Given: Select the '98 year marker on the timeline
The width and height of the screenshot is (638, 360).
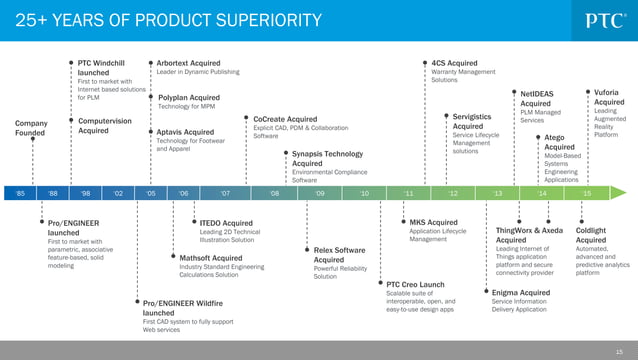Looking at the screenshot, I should pyautogui.click(x=86, y=193).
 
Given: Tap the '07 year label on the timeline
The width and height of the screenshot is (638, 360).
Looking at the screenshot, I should pyautogui.click(x=225, y=193).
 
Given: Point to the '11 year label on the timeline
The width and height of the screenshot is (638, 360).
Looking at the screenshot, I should pyautogui.click(x=408, y=193).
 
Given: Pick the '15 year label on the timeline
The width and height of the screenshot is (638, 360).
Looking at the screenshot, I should pyautogui.click(x=586, y=193).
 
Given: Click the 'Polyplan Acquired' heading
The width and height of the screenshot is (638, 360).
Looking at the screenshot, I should pyautogui.click(x=189, y=97).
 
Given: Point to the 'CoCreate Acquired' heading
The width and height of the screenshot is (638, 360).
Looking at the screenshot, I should pyautogui.click(x=285, y=119).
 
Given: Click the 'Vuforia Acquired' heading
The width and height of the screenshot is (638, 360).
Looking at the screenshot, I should pyautogui.click(x=608, y=96).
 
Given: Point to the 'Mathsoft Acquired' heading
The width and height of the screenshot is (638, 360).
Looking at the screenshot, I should pyautogui.click(x=210, y=258).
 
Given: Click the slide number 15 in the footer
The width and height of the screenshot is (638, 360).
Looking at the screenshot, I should pyautogui.click(x=623, y=350).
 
